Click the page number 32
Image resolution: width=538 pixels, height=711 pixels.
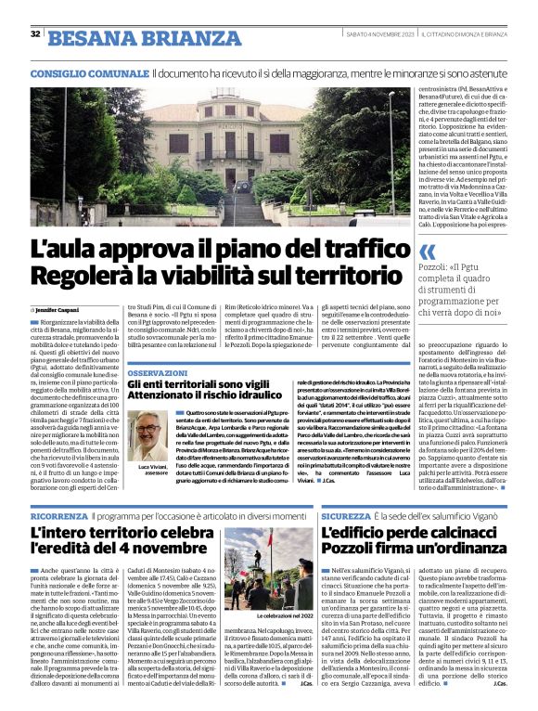point(35,34)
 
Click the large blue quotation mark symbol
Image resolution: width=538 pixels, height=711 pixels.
point(428,252)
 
